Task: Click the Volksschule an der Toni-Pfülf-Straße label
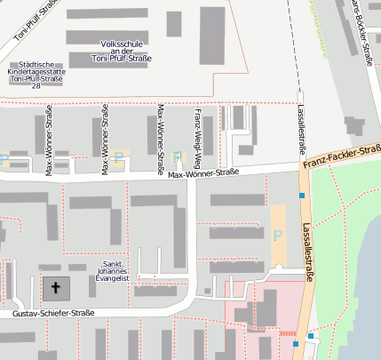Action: (122, 51)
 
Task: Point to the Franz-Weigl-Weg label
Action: (197, 138)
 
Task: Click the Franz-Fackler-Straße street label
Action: (341, 157)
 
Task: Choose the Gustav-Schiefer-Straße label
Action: (53, 314)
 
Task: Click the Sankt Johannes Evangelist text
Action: (112, 271)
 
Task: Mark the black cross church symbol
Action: (56, 288)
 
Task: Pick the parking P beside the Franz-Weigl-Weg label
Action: (177, 156)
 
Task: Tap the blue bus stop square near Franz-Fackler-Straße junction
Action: (303, 196)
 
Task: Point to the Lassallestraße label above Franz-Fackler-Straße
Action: (302, 128)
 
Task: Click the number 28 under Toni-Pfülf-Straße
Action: (36, 86)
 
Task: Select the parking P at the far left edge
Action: (4, 160)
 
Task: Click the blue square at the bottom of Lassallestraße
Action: (311, 336)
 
